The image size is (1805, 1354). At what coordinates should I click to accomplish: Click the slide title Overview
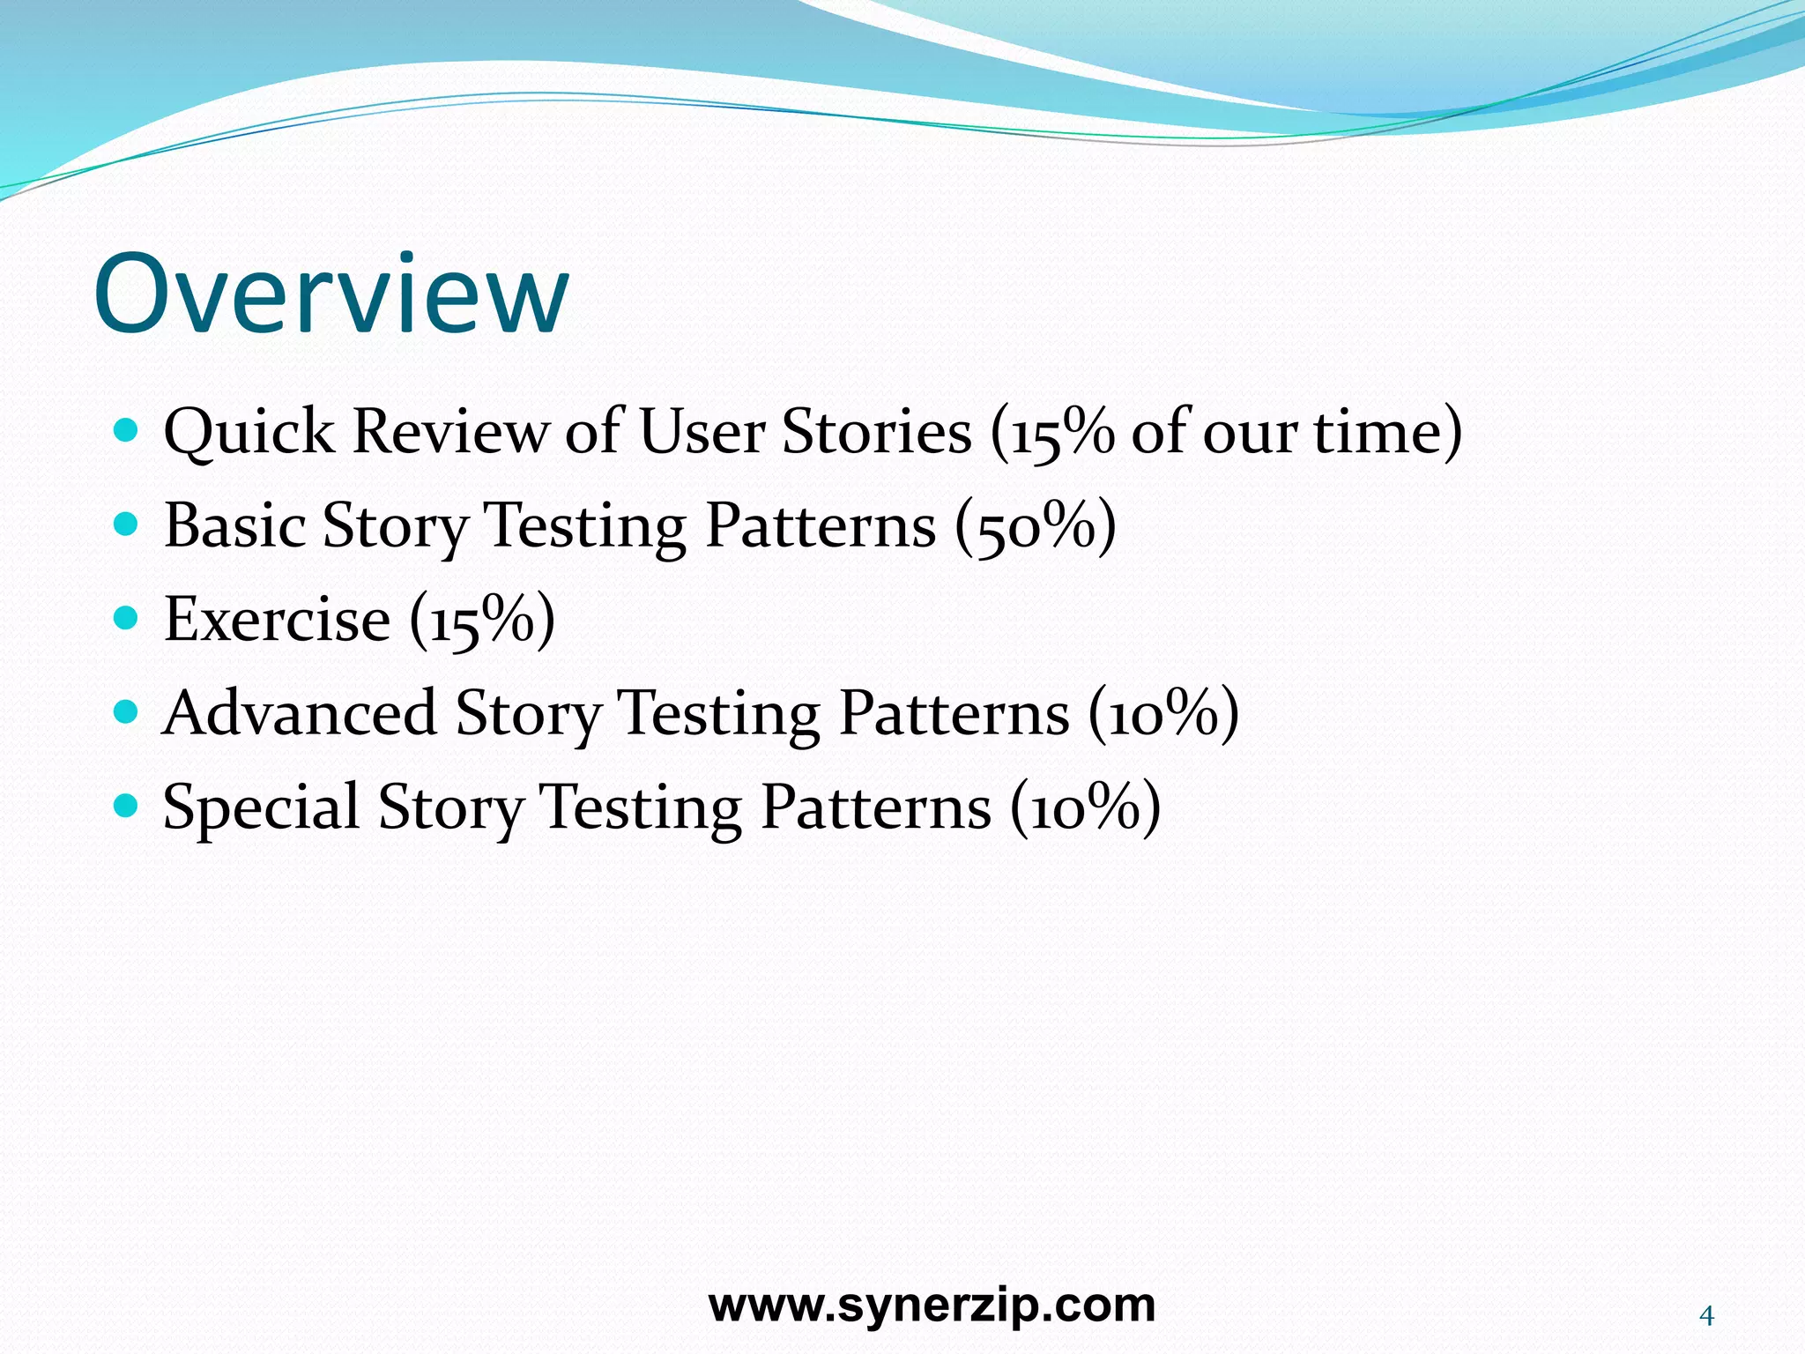click(331, 294)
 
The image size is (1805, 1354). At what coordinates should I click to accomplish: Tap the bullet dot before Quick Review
click(127, 431)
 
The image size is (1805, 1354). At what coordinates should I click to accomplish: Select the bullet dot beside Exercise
click(127, 619)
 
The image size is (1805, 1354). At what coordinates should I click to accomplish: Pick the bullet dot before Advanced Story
click(127, 712)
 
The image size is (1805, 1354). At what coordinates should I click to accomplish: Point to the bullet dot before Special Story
click(127, 806)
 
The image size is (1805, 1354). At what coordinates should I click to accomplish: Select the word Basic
click(234, 526)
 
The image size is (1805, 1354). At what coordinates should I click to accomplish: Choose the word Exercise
click(277, 620)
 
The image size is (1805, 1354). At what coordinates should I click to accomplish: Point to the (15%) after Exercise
click(482, 621)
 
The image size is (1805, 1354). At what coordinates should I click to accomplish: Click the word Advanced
click(300, 713)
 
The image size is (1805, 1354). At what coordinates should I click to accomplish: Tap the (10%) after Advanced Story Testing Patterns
click(1163, 714)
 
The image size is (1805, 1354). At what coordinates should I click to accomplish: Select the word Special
click(262, 807)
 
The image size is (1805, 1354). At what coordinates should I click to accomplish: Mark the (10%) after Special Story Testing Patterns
click(1085, 807)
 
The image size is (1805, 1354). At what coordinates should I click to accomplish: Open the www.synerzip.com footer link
click(932, 1306)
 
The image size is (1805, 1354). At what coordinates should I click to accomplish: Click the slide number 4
click(1706, 1316)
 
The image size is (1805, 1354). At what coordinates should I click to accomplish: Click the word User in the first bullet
click(702, 432)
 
